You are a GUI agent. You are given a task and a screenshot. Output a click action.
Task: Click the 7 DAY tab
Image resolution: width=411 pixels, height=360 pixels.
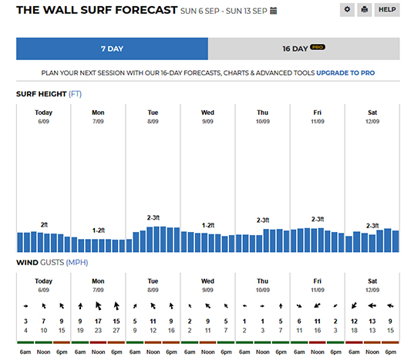click(x=112, y=49)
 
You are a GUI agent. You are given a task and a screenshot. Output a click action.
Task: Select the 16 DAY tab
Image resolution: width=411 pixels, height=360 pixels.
click(x=304, y=49)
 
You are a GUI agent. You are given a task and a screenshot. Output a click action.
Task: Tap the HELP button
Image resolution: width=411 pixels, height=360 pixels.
click(x=387, y=10)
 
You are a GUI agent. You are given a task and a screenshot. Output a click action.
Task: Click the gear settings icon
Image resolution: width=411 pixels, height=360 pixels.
click(x=347, y=10)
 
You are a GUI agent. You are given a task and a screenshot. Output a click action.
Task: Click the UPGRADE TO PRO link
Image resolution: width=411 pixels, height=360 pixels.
click(x=345, y=72)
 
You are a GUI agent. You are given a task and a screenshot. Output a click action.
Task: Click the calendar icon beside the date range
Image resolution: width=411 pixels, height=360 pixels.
click(x=274, y=11)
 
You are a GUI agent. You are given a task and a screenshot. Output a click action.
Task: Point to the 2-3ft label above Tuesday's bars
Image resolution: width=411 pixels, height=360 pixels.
click(x=153, y=217)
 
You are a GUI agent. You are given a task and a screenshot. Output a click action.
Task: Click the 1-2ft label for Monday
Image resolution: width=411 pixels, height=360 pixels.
click(x=98, y=230)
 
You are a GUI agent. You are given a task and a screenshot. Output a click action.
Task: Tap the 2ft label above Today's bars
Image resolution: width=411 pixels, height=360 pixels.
click(x=44, y=224)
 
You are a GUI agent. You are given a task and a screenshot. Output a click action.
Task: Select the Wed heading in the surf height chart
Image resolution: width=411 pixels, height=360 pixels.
click(x=207, y=113)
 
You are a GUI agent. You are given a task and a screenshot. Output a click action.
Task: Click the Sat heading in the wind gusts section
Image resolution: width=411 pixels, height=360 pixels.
click(x=372, y=281)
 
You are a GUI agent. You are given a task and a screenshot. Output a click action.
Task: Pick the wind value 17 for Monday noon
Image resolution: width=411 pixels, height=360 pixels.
click(x=98, y=321)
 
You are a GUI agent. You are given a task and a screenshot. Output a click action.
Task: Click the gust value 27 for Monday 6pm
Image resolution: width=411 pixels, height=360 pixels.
click(x=116, y=331)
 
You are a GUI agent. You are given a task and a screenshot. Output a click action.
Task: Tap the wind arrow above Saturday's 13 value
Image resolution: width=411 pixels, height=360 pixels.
click(x=372, y=305)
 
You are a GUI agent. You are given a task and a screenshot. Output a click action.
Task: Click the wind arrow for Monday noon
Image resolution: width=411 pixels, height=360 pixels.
click(x=98, y=306)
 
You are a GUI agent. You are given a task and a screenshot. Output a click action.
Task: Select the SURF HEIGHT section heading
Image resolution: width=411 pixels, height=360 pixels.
click(x=41, y=94)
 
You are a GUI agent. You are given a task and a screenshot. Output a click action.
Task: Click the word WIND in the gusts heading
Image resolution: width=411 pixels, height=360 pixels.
click(x=27, y=263)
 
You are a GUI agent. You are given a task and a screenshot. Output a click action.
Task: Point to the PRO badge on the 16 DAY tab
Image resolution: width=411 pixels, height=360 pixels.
click(x=318, y=47)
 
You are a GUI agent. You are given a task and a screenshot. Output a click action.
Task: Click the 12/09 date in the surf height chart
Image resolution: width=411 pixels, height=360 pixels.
click(x=372, y=121)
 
